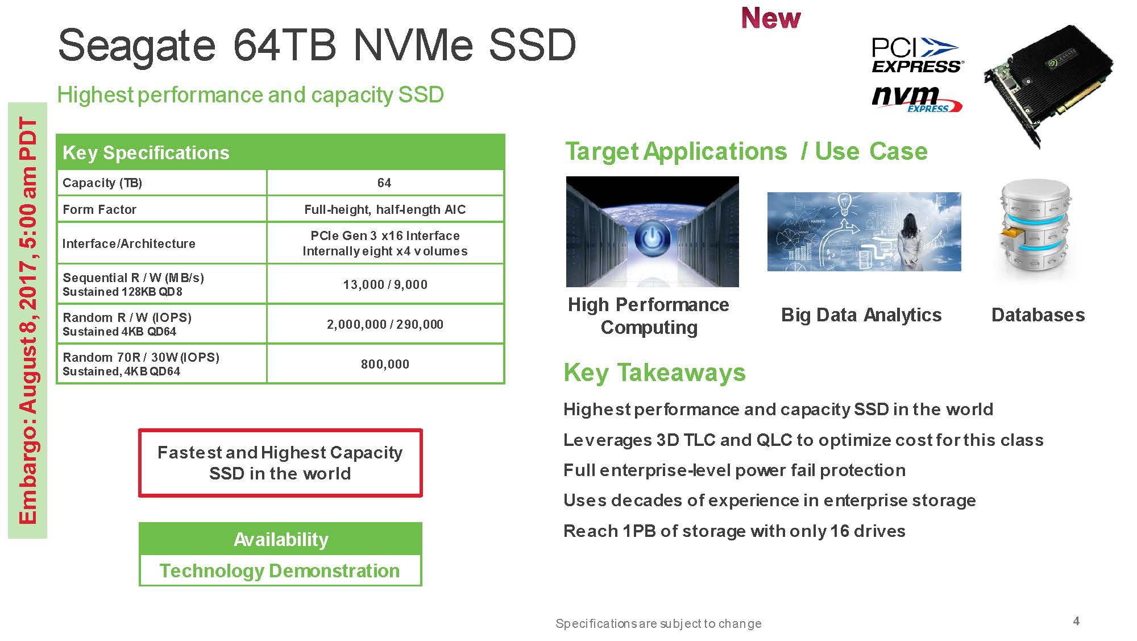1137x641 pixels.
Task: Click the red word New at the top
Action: (771, 18)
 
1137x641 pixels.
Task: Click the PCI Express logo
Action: (917, 55)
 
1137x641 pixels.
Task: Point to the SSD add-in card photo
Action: (1048, 85)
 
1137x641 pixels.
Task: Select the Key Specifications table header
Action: (280, 152)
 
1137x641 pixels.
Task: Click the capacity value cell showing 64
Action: (385, 183)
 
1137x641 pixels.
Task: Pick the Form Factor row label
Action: (99, 209)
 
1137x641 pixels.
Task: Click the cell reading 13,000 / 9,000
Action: (385, 284)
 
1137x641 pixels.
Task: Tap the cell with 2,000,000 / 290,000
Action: (385, 324)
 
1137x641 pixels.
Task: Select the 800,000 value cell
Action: (385, 364)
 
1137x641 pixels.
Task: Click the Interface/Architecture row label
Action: (129, 243)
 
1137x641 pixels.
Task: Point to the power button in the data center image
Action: (653, 238)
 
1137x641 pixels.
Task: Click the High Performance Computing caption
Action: (649, 316)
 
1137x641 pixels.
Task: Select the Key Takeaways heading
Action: (654, 373)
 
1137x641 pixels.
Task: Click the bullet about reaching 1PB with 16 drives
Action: (734, 531)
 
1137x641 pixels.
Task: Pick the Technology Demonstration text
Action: (280, 570)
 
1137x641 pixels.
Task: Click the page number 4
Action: (1076, 621)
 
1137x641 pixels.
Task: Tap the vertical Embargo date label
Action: (28, 320)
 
